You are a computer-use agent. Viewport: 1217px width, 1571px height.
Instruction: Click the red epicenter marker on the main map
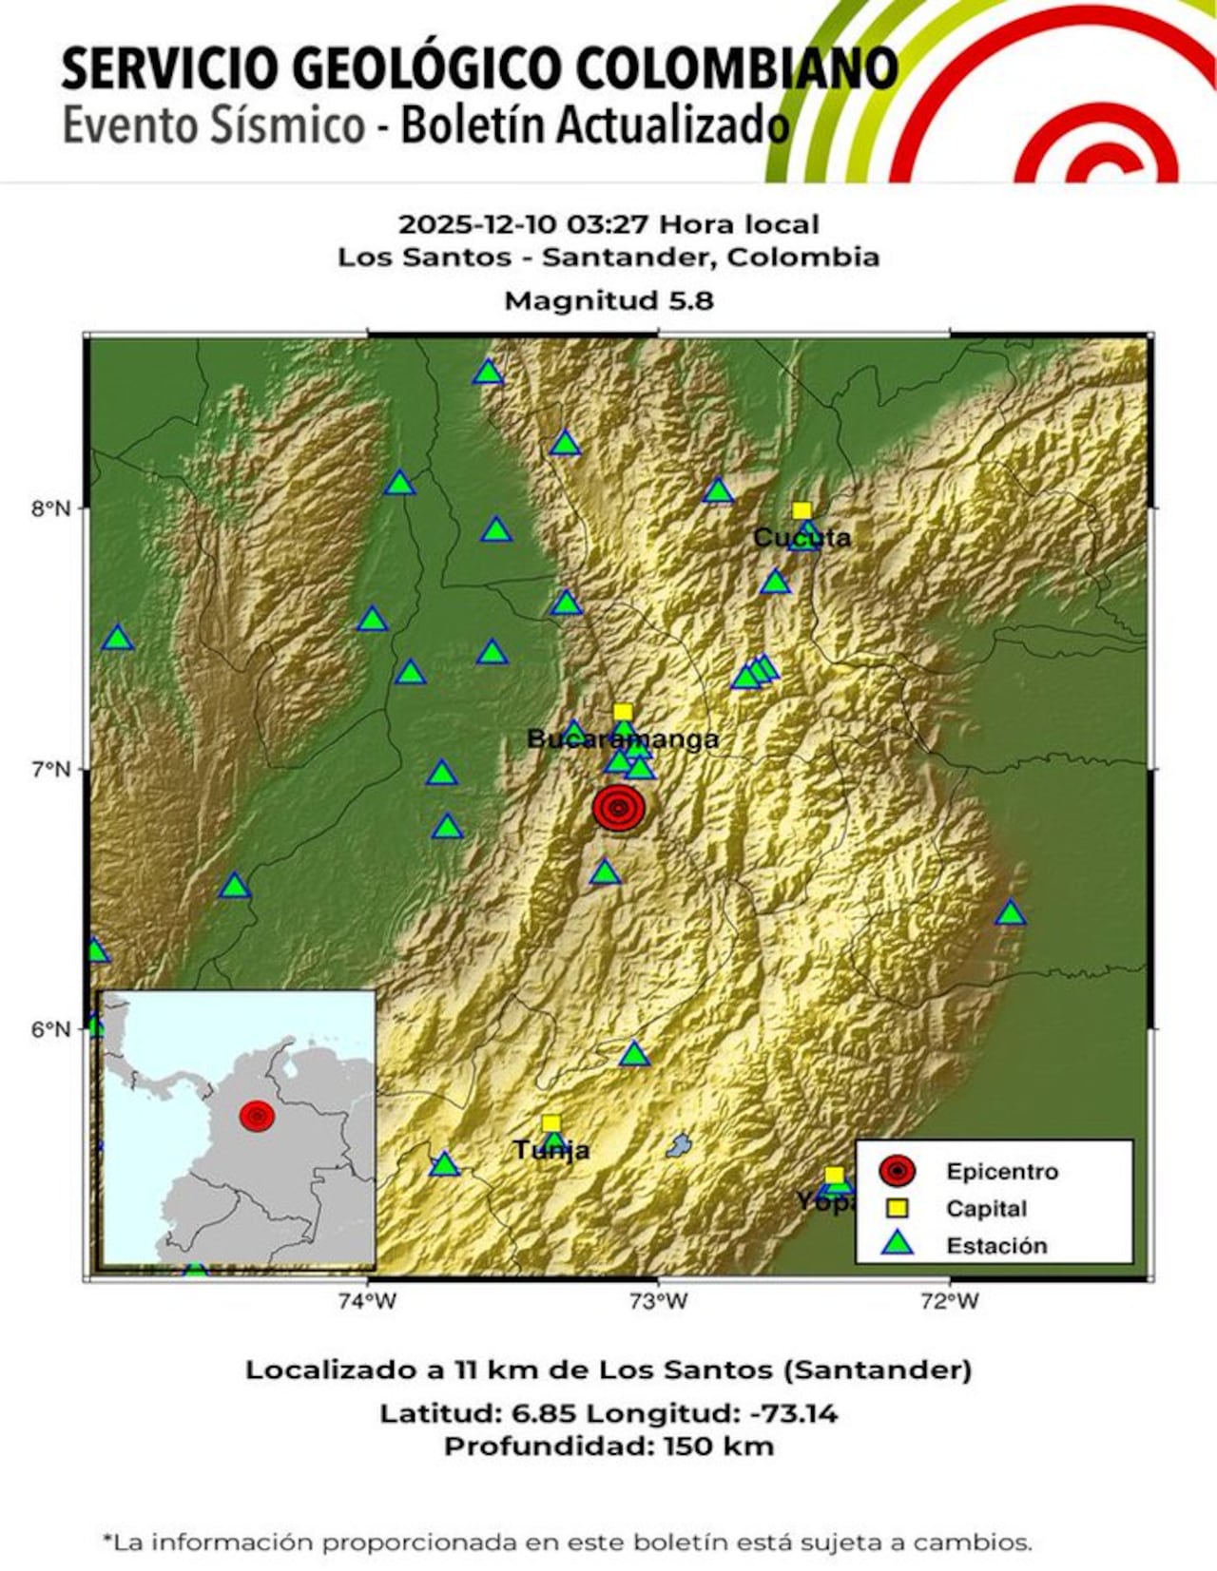(619, 808)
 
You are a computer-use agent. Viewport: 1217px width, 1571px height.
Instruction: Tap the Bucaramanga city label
(623, 739)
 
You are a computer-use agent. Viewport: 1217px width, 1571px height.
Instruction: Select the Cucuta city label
(802, 538)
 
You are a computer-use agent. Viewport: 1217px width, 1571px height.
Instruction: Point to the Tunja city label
(551, 1151)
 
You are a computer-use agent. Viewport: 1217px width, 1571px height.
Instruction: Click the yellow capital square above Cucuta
(802, 510)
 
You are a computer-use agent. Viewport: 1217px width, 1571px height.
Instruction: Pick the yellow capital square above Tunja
(551, 1124)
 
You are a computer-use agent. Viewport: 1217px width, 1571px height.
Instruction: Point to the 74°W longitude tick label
(367, 1302)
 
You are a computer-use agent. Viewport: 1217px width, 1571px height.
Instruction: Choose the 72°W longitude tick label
(950, 1302)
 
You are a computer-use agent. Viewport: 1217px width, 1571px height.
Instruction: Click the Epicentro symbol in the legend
(897, 1172)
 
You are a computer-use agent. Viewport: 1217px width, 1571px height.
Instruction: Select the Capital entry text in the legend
(986, 1209)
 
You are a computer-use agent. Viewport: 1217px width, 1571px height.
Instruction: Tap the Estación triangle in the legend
(897, 1244)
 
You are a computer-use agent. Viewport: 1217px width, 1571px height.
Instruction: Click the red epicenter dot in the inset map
(257, 1116)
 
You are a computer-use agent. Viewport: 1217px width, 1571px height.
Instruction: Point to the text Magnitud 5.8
(608, 301)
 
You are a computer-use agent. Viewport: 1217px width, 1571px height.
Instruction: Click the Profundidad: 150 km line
(608, 1446)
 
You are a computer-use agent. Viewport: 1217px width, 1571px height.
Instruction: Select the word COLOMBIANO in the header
(737, 68)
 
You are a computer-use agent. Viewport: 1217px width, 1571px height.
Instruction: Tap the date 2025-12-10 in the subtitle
(477, 225)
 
